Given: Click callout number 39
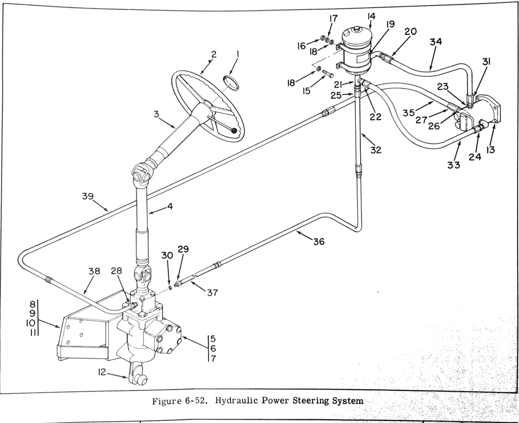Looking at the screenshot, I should pos(88,196).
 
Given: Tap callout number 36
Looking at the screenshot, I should pos(319,242).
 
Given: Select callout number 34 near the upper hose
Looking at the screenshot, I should pos(436,42).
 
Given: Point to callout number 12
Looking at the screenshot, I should pos(102,372).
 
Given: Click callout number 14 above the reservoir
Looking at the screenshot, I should pos(371,17).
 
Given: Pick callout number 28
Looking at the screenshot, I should pos(116,271).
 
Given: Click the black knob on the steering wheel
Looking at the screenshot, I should pos(234,131).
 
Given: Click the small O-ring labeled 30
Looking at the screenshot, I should pos(170,288).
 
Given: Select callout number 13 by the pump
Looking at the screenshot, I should pos(490,150).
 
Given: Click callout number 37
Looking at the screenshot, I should pos(212,293).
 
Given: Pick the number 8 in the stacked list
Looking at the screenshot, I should pos(32,305).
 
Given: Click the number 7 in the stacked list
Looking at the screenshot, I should pos(213,359).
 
